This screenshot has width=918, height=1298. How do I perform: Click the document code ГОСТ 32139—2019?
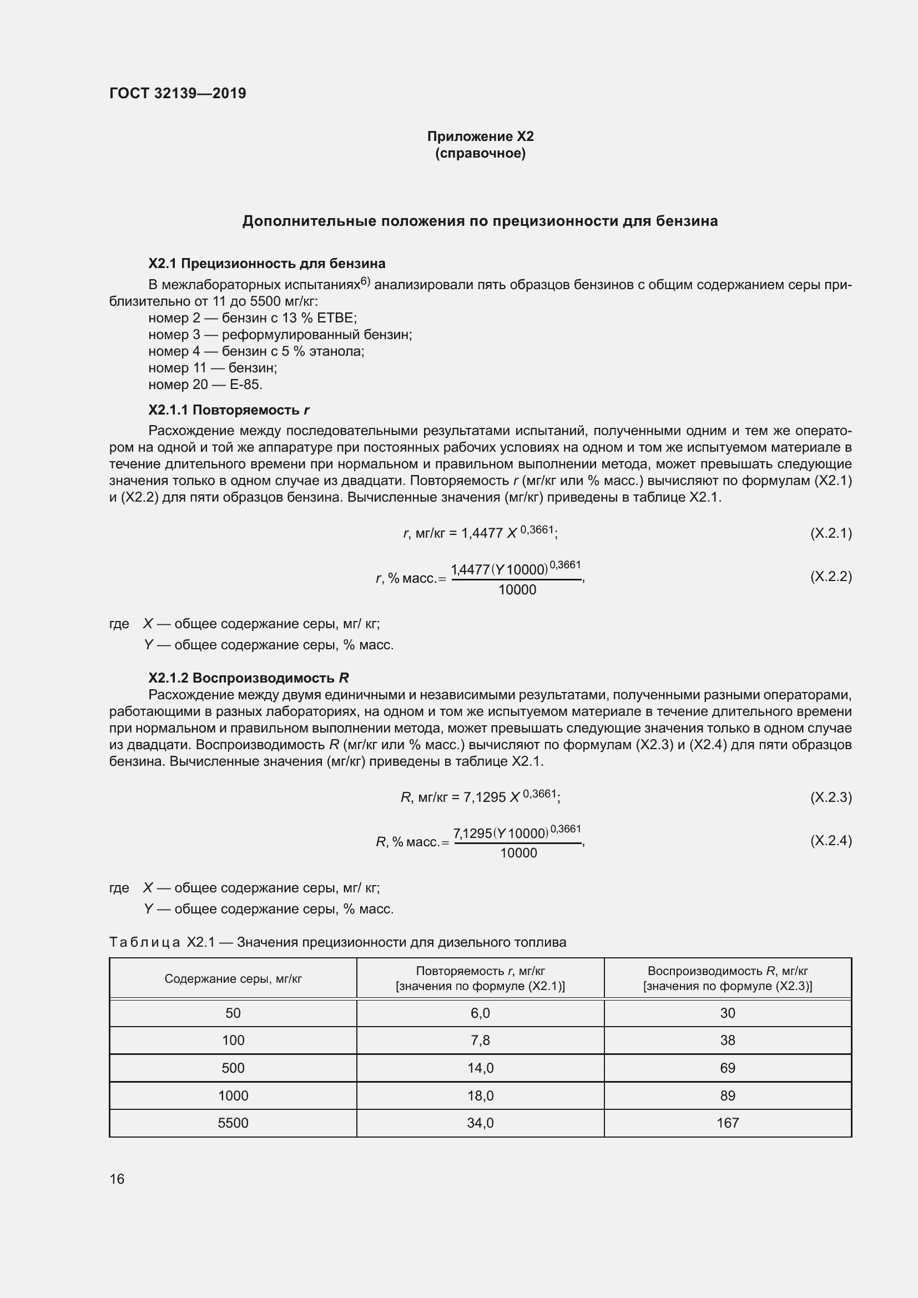point(178,93)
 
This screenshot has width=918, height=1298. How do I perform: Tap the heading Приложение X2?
point(480,137)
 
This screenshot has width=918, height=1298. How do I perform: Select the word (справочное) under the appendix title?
point(480,153)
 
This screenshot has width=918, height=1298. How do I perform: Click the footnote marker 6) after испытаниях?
point(365,281)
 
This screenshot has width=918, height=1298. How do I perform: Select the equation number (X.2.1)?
point(830,533)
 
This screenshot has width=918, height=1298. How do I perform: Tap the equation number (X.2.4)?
point(830,840)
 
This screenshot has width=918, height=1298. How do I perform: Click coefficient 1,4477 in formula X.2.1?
point(482,533)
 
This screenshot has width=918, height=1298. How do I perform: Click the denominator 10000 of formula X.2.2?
point(517,590)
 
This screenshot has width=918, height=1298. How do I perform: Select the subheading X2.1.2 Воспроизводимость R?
point(248,678)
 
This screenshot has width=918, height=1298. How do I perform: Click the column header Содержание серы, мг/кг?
point(233,978)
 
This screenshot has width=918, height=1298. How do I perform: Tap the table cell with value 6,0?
point(480,1013)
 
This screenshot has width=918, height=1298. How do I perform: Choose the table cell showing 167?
point(727,1123)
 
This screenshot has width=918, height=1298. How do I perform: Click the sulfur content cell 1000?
point(233,1095)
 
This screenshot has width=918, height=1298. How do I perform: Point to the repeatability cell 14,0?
point(480,1068)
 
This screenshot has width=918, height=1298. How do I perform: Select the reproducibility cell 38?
point(727,1040)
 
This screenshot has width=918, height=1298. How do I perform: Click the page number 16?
point(117,1179)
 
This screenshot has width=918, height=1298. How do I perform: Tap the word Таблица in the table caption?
point(144,942)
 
